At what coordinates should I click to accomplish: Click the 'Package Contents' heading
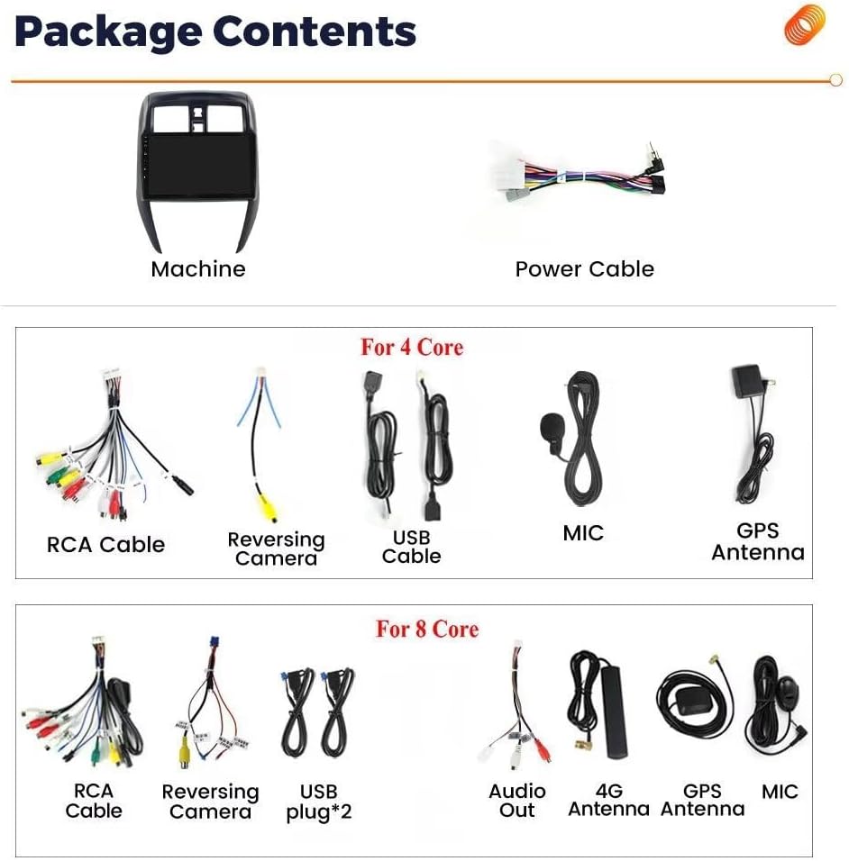(215, 32)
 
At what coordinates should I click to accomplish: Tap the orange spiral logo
(805, 24)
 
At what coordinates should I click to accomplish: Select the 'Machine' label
(198, 269)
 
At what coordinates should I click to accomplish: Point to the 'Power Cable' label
(585, 269)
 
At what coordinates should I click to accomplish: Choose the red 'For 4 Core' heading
(412, 347)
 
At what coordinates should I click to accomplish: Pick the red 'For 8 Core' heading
(427, 629)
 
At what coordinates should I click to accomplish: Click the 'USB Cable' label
(412, 547)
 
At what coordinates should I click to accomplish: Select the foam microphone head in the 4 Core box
(551, 427)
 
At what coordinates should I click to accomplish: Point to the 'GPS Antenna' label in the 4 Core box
(758, 541)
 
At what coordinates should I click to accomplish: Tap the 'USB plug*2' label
(319, 802)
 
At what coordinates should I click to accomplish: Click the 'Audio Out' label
(517, 801)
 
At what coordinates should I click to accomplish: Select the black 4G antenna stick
(614, 711)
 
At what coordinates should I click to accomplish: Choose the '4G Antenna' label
(609, 800)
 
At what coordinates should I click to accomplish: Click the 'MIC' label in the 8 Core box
(780, 792)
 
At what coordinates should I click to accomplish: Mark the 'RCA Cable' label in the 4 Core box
(106, 545)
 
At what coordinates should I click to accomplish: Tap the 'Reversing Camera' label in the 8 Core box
(211, 802)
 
